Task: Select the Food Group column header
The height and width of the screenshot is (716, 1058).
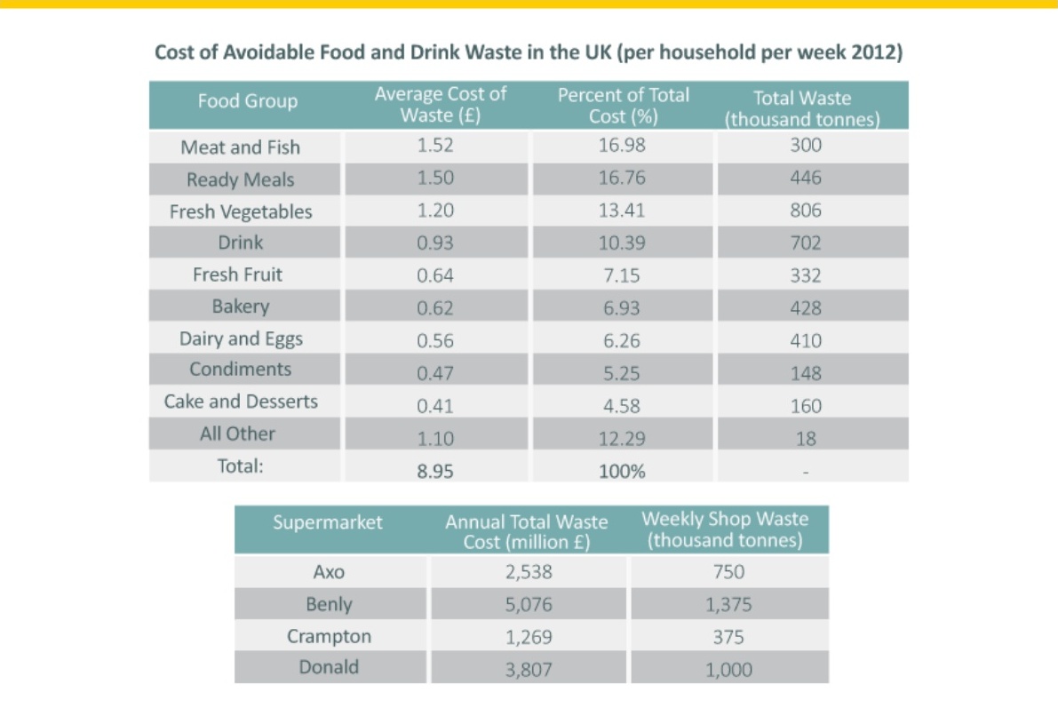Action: coord(248,101)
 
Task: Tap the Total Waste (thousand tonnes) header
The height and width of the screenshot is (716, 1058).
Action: coord(802,108)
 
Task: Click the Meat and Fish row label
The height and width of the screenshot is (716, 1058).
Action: coord(240,147)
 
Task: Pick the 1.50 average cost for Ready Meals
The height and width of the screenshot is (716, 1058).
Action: coord(435,179)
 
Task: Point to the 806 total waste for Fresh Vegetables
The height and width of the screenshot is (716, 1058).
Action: coord(806,211)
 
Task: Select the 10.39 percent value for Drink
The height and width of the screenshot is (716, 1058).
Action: coord(622,243)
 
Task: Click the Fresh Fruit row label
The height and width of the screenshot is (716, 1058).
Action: coord(237,274)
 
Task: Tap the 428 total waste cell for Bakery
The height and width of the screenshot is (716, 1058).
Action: coord(806,308)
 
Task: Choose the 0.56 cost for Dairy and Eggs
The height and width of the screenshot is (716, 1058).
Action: coord(435,341)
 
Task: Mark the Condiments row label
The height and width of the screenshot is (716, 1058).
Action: coord(240,370)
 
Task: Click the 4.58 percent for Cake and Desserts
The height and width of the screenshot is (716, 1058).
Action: coord(622,406)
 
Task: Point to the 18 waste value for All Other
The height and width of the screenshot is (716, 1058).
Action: coord(806,439)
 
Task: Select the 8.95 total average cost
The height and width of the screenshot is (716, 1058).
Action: coord(435,471)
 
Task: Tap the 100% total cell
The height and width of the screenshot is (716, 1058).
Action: coord(622,471)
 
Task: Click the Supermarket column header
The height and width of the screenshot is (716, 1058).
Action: coord(328,522)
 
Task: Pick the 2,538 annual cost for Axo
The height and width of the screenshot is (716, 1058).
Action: coord(529,572)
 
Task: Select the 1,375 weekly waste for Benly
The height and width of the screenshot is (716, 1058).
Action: coord(728,605)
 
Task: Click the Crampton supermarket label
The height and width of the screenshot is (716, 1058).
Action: coord(330,636)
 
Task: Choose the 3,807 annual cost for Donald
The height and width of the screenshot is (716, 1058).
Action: coord(529,670)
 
